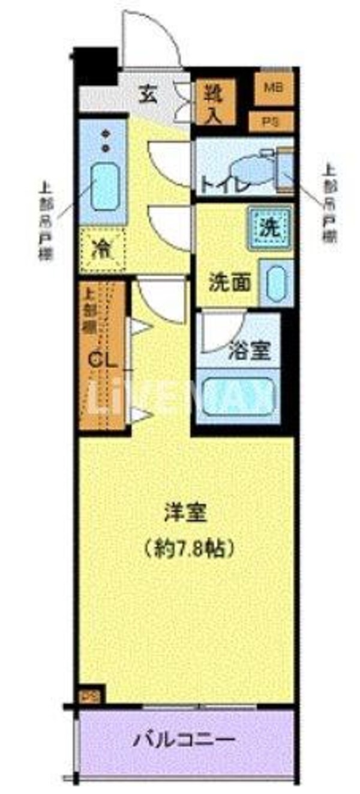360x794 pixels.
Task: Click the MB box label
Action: [x=274, y=86]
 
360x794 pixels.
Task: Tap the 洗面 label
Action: [x=230, y=281]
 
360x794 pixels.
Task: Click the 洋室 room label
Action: [x=187, y=513]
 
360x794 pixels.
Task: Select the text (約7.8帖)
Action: [x=187, y=547]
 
